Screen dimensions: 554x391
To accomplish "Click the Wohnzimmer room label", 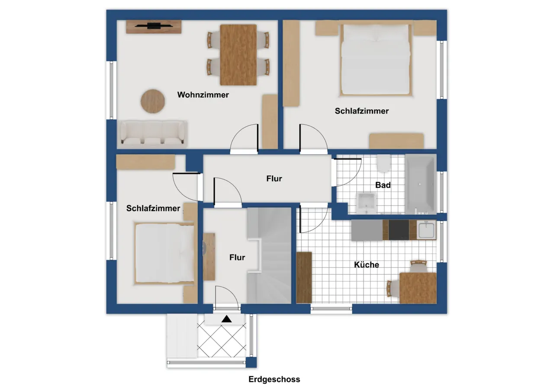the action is (203, 95).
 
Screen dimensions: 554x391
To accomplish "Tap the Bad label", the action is (383, 185).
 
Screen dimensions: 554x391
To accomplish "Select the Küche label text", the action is (366, 264).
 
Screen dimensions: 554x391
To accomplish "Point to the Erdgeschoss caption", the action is (274, 379).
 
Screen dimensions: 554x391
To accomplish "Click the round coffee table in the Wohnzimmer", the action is (153, 101).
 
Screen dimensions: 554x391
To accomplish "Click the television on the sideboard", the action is (154, 25).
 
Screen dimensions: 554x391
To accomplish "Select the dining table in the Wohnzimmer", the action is (238, 55).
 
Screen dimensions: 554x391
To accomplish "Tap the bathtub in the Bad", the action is (420, 184).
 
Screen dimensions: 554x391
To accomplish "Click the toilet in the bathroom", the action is (383, 163).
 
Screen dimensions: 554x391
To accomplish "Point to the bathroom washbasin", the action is (367, 203).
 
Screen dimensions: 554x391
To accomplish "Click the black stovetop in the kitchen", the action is (399, 230).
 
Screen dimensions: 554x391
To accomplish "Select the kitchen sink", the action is (426, 230).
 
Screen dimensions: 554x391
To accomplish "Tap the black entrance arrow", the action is (226, 319).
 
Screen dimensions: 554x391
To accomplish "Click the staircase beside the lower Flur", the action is (269, 255).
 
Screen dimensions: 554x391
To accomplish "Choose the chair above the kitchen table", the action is (419, 266).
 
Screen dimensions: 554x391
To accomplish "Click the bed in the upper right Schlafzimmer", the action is (376, 60).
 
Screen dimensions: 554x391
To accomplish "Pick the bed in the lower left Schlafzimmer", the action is (164, 253).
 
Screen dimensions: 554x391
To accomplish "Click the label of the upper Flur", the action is (274, 178).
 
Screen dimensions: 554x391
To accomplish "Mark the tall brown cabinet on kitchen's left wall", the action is (304, 278).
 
